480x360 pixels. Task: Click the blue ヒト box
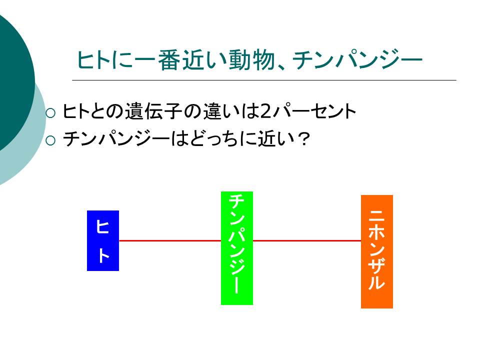(x=103, y=240)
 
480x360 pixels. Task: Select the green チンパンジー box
(x=237, y=248)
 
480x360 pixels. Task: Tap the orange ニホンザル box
(x=377, y=251)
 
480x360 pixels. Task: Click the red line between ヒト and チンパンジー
(x=170, y=240)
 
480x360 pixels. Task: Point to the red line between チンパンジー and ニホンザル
(x=307, y=240)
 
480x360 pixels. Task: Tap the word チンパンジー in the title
(x=357, y=59)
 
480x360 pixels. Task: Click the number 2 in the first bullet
(x=265, y=111)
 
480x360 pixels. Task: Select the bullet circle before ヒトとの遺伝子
(x=50, y=113)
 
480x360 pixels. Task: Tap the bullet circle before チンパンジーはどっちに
(x=50, y=140)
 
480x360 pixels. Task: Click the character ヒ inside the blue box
(x=102, y=226)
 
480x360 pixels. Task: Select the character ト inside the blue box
(x=103, y=255)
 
